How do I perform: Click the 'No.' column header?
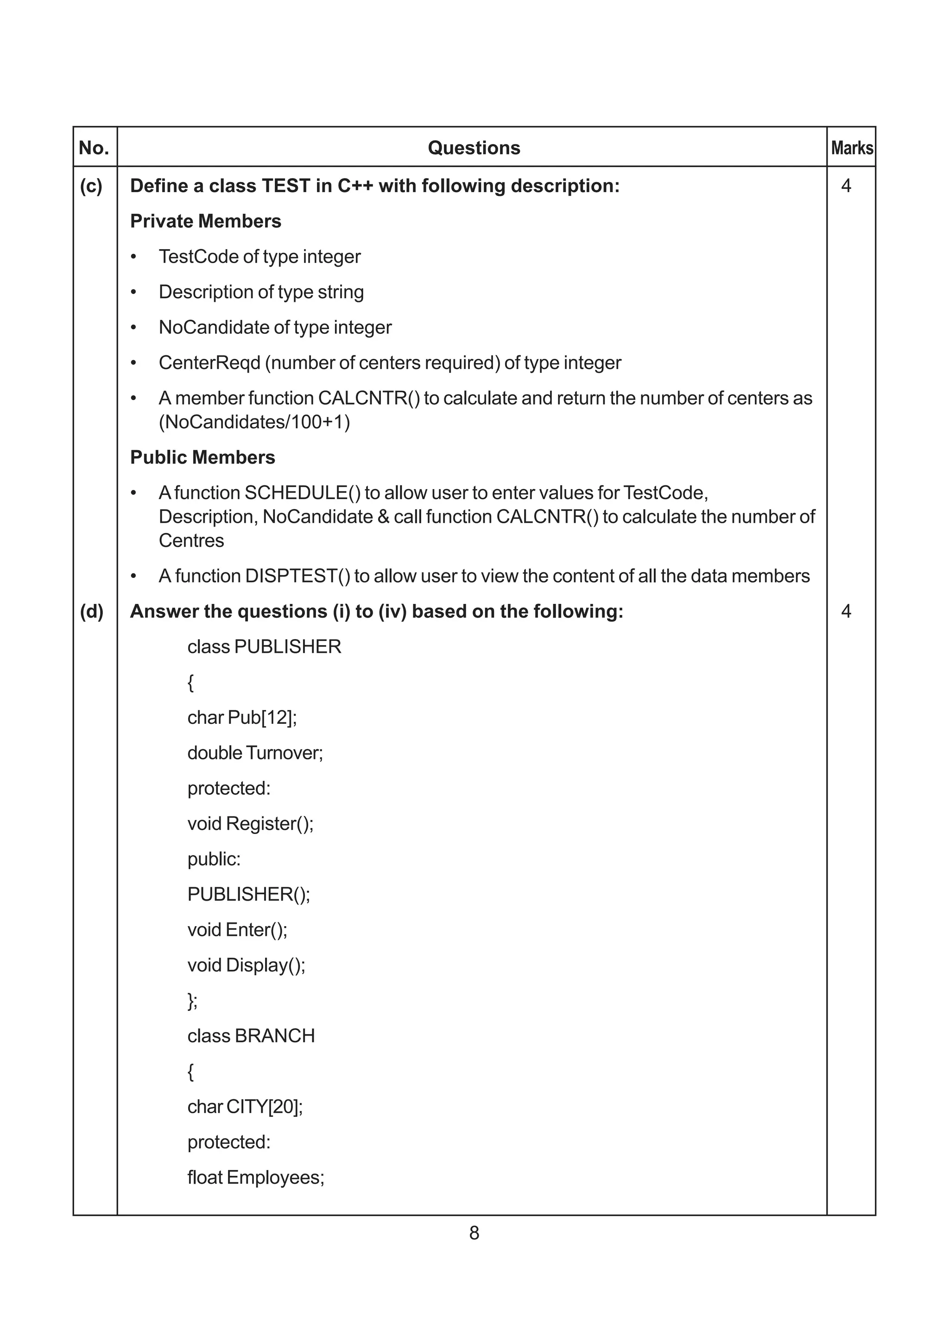[x=94, y=148]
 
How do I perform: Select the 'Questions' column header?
[x=474, y=148]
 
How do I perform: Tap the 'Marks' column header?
[x=852, y=148]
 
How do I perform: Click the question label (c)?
[x=91, y=186]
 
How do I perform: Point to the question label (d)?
[x=91, y=611]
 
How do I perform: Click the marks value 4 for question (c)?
[x=846, y=186]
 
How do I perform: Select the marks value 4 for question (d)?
[x=846, y=611]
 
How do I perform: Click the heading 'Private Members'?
[x=205, y=221]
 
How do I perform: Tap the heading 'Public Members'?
[x=202, y=458]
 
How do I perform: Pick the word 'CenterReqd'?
[x=209, y=363]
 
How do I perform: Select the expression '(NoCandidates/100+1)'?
[x=254, y=422]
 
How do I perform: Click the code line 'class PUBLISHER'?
[x=264, y=647]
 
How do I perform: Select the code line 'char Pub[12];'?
[x=242, y=718]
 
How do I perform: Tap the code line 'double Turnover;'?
[x=255, y=753]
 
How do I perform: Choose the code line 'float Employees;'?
[x=255, y=1178]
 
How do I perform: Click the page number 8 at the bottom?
[x=474, y=1233]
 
